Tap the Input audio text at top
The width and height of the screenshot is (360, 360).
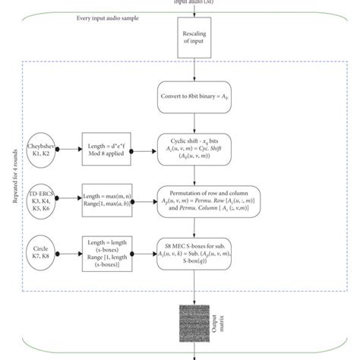tap(194, 3)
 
